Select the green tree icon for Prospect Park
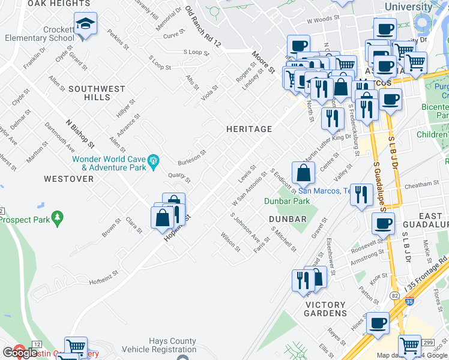click(57, 216)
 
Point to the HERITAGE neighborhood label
click(249, 129)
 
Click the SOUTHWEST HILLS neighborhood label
click(97, 93)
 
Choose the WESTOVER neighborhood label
click(68, 179)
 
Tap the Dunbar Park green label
click(287, 201)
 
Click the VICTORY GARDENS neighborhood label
click(326, 309)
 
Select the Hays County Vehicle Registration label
click(158, 345)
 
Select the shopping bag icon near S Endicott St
click(304, 173)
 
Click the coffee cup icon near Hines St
click(377, 323)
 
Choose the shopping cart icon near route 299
click(409, 346)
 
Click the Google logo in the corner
click(20, 353)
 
